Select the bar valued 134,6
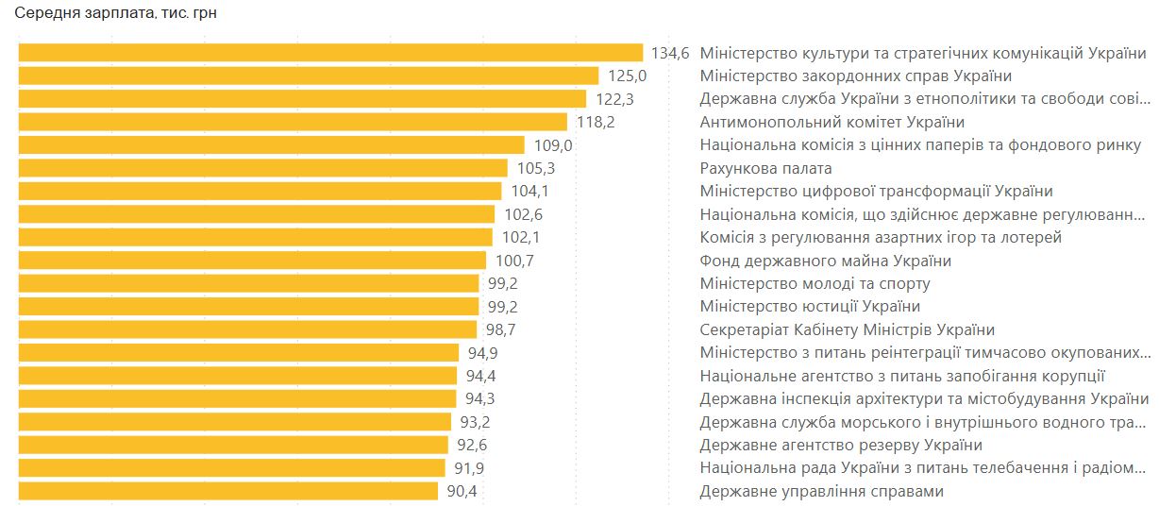click(330, 53)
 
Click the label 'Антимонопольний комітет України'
click(831, 123)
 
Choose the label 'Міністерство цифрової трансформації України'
click(876, 192)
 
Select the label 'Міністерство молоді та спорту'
click(815, 284)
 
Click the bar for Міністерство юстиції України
click(248, 307)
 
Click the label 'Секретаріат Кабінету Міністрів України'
click(847, 330)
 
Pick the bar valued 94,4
click(237, 377)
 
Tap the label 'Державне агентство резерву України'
click(841, 446)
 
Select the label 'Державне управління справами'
click(821, 492)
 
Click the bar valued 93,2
click(234, 422)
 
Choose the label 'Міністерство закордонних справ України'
click(855, 76)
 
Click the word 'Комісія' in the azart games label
click(726, 238)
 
